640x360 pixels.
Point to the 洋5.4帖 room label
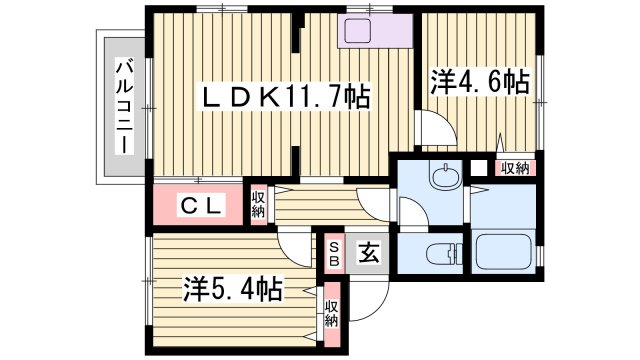coord(231,290)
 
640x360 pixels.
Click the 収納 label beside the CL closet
coord(259,204)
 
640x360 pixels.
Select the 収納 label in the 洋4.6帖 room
coord(515,168)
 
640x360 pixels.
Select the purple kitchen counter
coord(376,30)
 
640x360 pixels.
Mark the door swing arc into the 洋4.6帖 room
coord(432,130)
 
